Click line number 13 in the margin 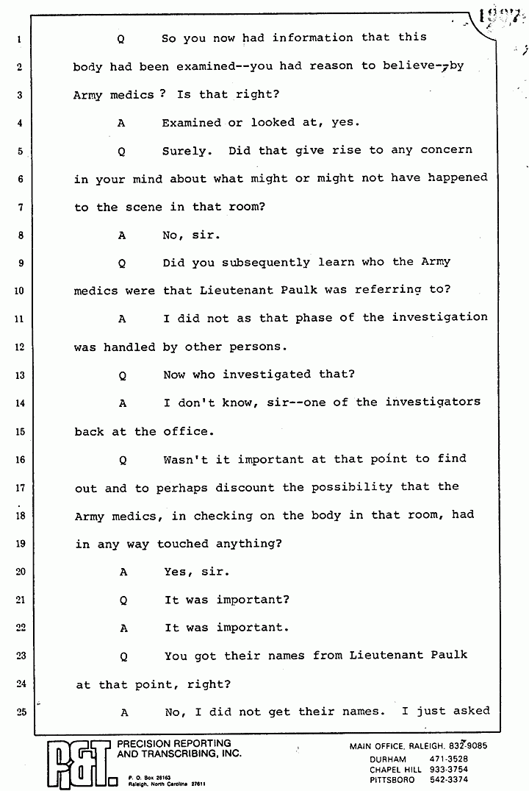pyautogui.click(x=21, y=375)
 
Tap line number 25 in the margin pyautogui.click(x=21, y=712)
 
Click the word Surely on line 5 pyautogui.click(x=187, y=150)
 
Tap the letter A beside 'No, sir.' pyautogui.click(x=122, y=235)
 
